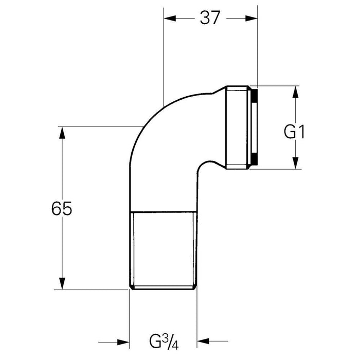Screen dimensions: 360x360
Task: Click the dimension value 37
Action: (210, 17)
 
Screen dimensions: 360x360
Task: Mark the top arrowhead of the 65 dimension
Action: (63, 132)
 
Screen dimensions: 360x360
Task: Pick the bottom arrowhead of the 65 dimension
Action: (63, 284)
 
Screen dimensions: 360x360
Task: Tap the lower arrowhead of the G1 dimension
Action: (296, 163)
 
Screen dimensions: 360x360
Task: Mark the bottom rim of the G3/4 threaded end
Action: (162, 289)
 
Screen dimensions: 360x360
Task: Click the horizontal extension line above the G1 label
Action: (278, 86)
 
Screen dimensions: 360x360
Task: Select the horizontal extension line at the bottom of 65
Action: (93, 290)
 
